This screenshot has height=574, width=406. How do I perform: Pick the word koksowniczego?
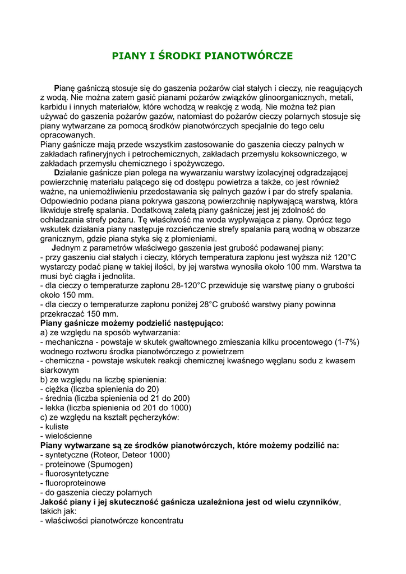(x=307, y=154)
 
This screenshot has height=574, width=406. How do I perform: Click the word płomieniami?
(x=169, y=239)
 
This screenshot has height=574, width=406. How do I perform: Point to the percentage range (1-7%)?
(x=347, y=342)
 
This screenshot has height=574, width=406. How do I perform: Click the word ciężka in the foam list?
(x=63, y=389)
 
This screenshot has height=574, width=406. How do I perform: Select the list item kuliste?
(x=56, y=427)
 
